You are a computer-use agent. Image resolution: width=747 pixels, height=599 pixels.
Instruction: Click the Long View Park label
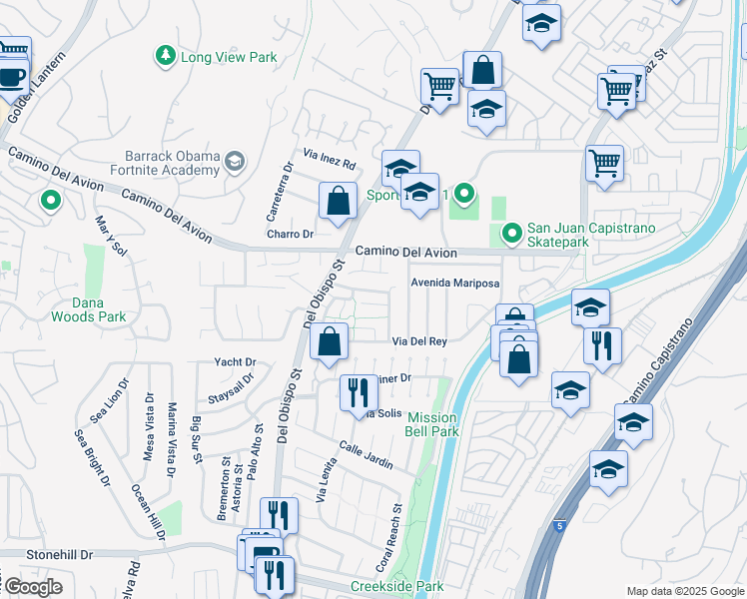(x=229, y=57)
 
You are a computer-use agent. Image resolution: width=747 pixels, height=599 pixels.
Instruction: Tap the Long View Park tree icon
(x=166, y=57)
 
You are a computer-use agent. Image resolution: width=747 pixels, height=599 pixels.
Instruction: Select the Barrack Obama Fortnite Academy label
(x=173, y=162)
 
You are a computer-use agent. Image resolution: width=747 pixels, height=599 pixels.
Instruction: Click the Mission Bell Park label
(x=431, y=424)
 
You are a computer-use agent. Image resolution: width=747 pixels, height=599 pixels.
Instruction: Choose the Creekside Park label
(x=396, y=586)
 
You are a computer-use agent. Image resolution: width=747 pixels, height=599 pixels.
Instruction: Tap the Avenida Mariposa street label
(x=455, y=283)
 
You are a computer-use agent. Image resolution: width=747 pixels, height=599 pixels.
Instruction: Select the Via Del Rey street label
(x=418, y=340)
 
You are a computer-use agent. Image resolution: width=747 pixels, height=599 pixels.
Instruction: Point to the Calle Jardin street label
(x=365, y=456)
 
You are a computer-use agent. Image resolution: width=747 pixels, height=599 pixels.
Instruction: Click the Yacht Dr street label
(x=236, y=361)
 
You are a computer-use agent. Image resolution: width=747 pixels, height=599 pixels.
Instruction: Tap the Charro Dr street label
(x=290, y=235)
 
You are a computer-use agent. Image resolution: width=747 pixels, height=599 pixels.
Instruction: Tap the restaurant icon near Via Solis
(x=359, y=393)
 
